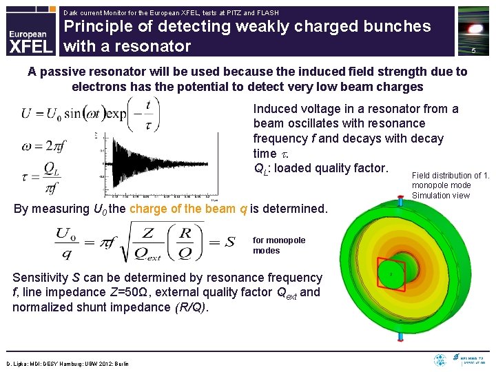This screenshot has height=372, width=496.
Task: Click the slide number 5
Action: (473, 52)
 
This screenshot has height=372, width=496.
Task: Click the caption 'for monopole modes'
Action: (278, 245)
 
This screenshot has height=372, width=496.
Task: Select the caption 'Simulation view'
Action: (441, 196)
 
